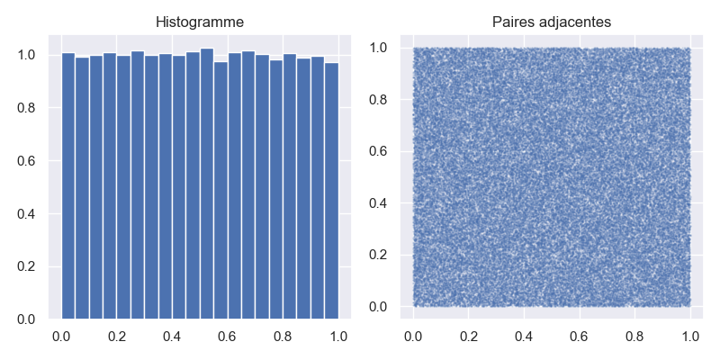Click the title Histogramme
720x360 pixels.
pos(200,22)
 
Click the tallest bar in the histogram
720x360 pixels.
pos(207,184)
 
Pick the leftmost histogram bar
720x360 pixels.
pos(68,185)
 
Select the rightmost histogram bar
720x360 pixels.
pos(331,191)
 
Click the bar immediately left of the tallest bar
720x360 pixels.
pos(193,185)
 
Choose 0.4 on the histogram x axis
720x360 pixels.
pos(172,336)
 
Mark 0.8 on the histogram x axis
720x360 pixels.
pos(283,336)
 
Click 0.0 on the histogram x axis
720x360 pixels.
pos(61,336)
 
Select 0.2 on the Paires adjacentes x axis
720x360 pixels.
pos(469,336)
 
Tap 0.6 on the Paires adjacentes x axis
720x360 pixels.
pos(580,336)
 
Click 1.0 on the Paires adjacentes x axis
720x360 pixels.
pos(690,336)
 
